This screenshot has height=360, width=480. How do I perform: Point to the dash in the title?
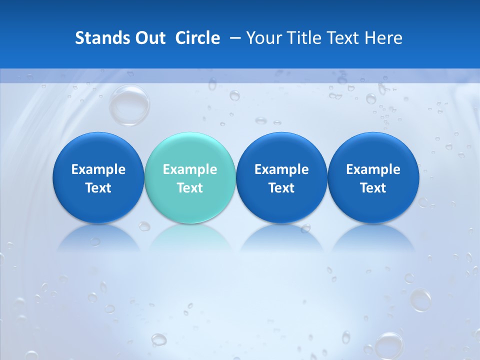tap(233, 38)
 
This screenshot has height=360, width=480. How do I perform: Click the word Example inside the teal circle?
tap(189, 169)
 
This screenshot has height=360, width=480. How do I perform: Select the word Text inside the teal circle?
tap(189, 188)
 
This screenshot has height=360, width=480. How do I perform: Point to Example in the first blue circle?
tap(98, 169)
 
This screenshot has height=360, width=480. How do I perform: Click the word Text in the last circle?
tap(373, 188)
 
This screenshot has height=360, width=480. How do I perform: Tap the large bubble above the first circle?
tap(129, 105)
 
